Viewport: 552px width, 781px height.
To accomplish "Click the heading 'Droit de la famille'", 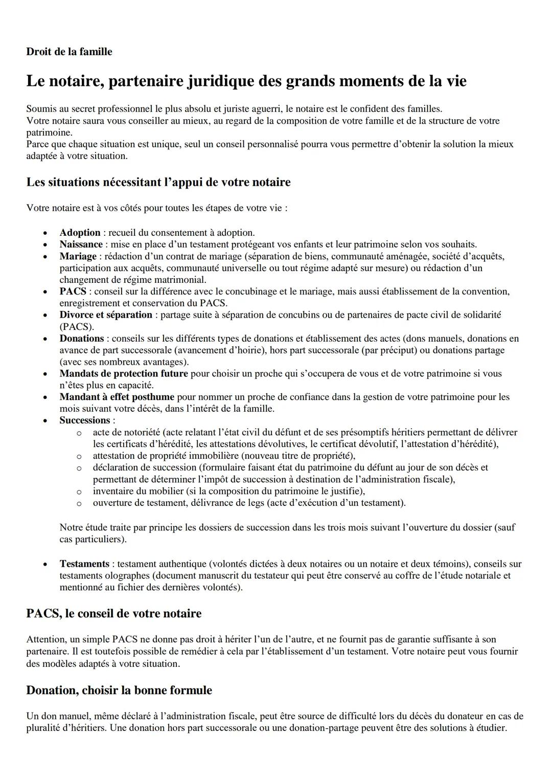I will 69,52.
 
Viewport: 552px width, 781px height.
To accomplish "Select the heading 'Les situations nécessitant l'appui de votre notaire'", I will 158,182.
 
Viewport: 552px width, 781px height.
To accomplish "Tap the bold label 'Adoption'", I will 80,233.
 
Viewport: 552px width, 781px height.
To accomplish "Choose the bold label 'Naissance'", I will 81,244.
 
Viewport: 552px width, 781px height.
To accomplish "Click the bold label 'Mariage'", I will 78,256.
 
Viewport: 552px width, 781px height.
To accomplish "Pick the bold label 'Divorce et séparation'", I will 106,315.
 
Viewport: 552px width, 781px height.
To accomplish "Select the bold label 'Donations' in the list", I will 82,338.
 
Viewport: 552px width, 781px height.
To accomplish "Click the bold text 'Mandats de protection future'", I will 124,373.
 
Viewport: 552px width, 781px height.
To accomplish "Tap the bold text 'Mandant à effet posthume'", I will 117,397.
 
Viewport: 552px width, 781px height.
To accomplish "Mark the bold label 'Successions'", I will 85,420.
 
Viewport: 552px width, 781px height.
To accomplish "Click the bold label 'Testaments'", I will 84,564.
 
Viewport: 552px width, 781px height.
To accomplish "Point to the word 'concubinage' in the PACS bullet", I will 279,292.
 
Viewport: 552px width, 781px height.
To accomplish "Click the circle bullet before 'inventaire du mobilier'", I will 79,492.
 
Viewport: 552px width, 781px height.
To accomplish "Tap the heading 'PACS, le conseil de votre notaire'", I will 113,613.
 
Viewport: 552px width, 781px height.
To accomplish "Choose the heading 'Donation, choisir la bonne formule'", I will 119,690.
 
